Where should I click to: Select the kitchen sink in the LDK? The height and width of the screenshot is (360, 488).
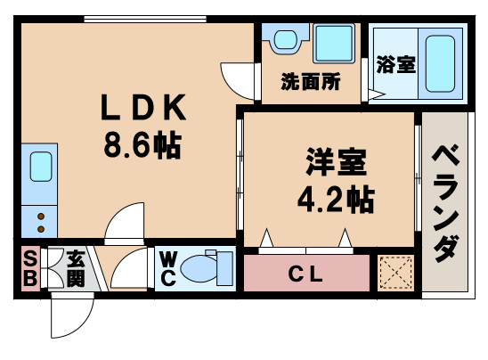tap(42, 167)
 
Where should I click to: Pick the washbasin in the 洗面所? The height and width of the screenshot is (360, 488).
tap(285, 40)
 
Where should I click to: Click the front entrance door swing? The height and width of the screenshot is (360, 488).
tap(72, 312)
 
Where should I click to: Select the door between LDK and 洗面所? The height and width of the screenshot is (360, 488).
tap(238, 78)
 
